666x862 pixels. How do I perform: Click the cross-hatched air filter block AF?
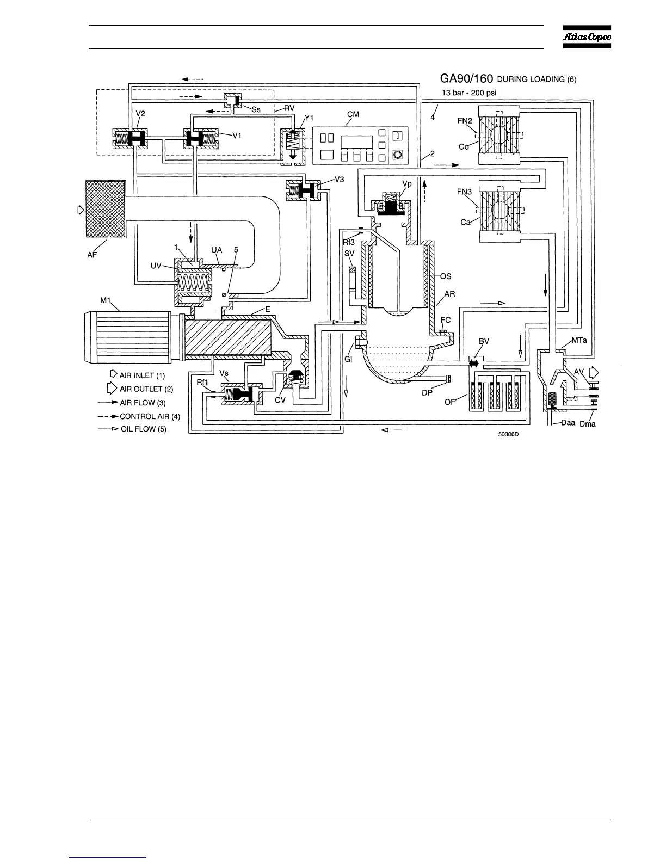coord(105,209)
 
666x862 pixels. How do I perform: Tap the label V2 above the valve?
coord(140,113)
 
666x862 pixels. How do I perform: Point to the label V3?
coord(339,179)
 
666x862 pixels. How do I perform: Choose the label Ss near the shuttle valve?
coord(256,109)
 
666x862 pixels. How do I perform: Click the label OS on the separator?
coord(446,276)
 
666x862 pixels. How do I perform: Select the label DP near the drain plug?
coord(427,391)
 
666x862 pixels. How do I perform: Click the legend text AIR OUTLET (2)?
coord(146,389)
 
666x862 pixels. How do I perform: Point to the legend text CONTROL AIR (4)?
coord(150,416)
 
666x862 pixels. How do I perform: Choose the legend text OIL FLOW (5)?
coord(143,429)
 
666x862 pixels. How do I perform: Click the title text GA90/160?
coord(466,79)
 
